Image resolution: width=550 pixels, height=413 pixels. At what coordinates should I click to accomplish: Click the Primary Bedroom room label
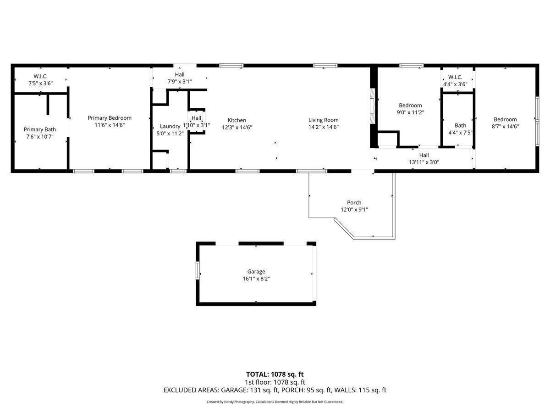(110, 118)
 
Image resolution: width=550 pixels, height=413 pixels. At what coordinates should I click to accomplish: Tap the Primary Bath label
(40, 129)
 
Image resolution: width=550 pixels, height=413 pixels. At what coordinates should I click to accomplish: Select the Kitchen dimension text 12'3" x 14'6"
(237, 128)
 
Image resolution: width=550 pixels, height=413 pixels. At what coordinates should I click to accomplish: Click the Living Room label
(324, 120)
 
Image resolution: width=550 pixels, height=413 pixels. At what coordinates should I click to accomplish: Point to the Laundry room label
(170, 126)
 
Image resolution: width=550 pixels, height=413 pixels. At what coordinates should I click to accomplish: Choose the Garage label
(256, 272)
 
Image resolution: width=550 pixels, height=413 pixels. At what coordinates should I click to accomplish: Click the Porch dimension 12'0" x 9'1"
(354, 210)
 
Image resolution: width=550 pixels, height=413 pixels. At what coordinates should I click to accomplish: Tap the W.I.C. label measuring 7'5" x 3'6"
(40, 76)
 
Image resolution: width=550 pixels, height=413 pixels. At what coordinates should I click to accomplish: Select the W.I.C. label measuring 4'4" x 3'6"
(455, 77)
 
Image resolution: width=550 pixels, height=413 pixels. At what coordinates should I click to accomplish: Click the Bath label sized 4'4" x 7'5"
(460, 125)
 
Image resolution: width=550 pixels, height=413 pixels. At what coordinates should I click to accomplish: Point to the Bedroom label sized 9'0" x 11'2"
(410, 106)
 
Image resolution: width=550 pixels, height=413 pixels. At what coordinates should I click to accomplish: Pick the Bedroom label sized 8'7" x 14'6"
(505, 119)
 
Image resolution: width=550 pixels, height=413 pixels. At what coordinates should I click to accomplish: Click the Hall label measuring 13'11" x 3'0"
(424, 155)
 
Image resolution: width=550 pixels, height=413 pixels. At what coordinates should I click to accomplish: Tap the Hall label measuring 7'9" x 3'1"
(180, 74)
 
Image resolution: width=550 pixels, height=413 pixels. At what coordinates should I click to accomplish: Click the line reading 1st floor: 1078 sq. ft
(275, 382)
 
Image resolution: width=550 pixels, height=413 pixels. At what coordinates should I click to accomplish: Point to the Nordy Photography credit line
(275, 402)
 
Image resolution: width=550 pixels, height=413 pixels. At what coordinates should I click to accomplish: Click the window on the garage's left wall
(198, 270)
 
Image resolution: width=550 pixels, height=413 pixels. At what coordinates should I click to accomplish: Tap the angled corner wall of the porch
(344, 229)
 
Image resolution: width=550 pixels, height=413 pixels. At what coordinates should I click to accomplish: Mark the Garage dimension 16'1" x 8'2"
(256, 279)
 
